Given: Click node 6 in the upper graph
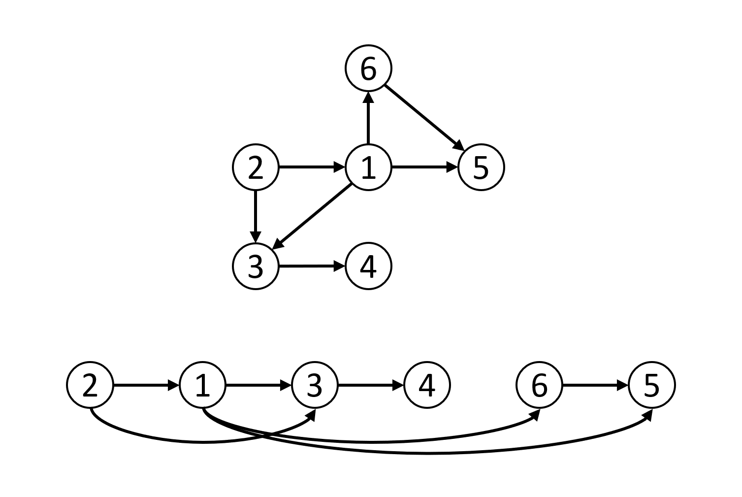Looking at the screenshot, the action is click(x=368, y=68).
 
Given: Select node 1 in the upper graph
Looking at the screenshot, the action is click(x=368, y=167).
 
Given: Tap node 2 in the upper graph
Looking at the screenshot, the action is click(x=256, y=167).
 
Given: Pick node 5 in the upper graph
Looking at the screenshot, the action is click(x=481, y=167).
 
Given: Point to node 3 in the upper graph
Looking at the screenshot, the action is click(x=256, y=266).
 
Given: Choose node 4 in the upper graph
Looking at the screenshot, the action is click(x=368, y=266).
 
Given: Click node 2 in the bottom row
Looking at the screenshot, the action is click(x=90, y=385).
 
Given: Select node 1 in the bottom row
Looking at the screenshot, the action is click(x=202, y=385).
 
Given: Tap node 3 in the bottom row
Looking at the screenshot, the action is click(x=315, y=385).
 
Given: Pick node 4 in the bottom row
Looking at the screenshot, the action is click(x=427, y=385).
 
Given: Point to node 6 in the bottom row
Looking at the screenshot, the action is click(x=539, y=385).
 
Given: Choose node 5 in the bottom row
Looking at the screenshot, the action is click(x=651, y=385).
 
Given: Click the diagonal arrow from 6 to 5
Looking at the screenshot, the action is click(x=424, y=118).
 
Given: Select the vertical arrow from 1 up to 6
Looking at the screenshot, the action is click(x=368, y=118).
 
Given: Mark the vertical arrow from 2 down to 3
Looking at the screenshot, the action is click(x=256, y=216).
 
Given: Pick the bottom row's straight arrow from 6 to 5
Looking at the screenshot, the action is click(x=595, y=385).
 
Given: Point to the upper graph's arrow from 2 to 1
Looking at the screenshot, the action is click(x=312, y=167).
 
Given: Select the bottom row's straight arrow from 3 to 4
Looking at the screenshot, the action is click(x=371, y=385).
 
